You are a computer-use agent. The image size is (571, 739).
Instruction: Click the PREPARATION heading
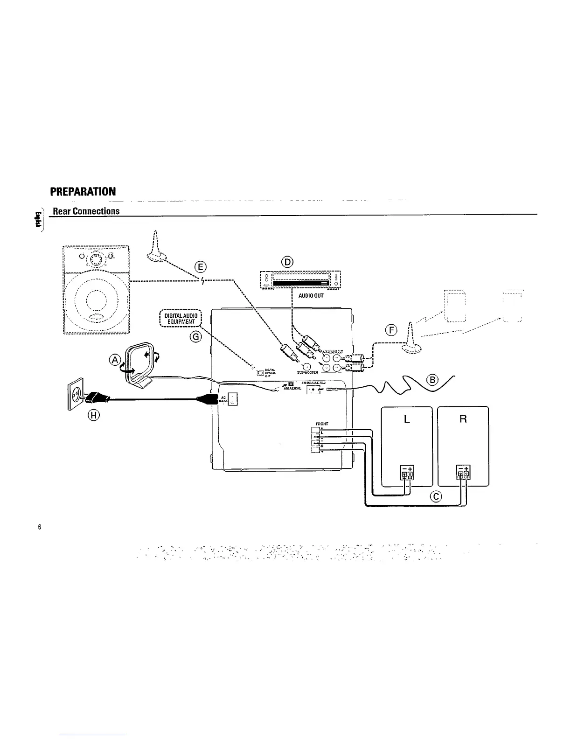tap(83, 192)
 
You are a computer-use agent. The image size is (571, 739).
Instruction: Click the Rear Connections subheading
tap(86, 211)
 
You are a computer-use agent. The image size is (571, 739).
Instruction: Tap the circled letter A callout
tap(114, 359)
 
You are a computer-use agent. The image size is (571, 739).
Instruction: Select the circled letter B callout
tap(432, 380)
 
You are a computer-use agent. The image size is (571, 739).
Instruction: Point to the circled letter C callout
tap(436, 496)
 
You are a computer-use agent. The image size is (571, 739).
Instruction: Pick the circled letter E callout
tap(201, 267)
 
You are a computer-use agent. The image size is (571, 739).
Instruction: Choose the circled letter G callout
tap(196, 336)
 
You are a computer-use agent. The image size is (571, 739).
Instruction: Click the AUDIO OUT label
tap(312, 296)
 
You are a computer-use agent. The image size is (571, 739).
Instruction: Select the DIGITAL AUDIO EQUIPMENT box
tap(180, 318)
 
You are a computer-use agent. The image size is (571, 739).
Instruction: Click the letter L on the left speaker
tap(407, 419)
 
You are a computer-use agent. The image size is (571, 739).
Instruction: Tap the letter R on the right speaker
tap(463, 419)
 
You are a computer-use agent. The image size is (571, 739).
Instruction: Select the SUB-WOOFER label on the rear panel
tap(307, 372)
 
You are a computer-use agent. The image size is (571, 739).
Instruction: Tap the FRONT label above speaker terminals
tap(322, 424)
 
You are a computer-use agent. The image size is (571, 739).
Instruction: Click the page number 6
tap(40, 527)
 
